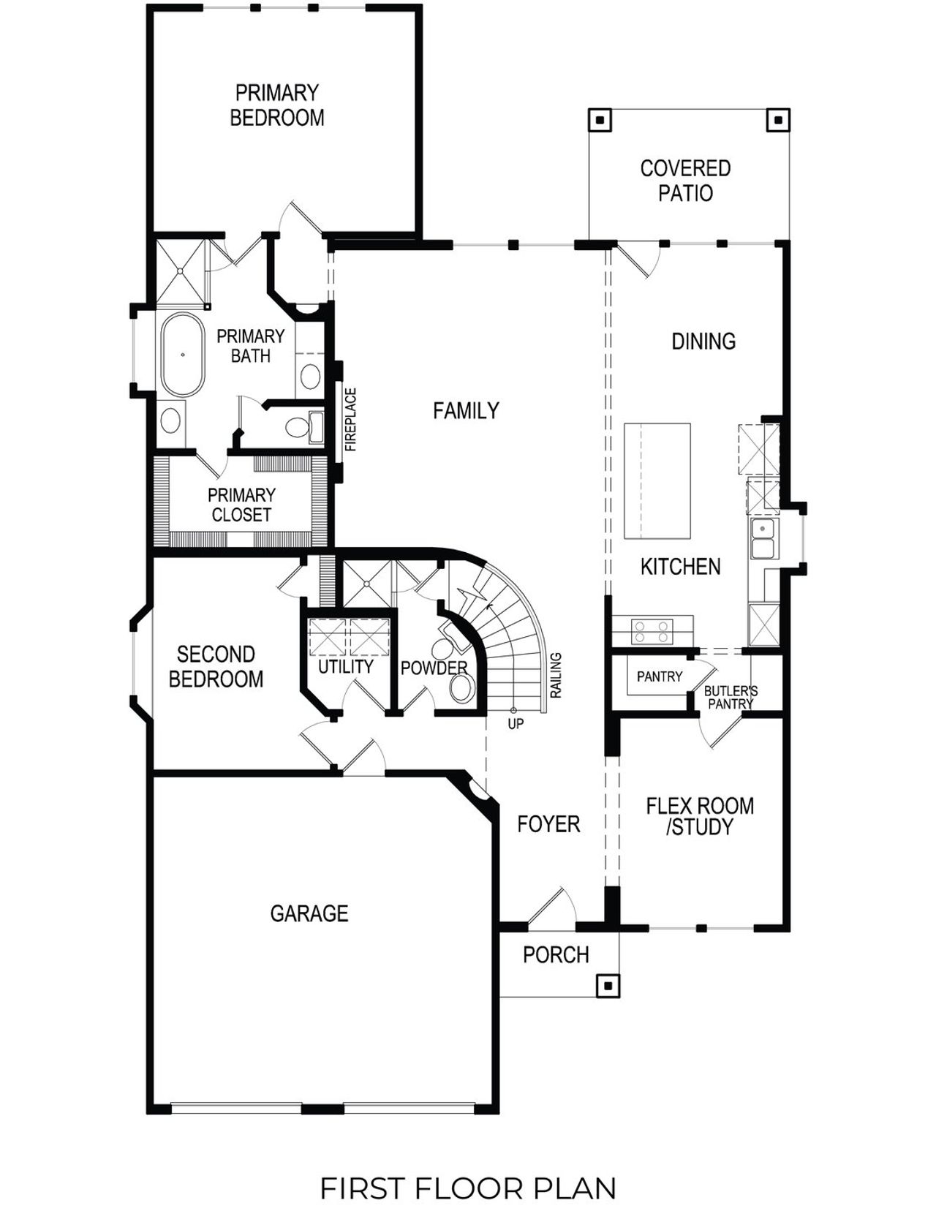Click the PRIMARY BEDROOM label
click(276, 105)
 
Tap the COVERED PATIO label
click(685, 181)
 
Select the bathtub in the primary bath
click(183, 355)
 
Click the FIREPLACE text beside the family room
click(351, 419)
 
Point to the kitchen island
click(657, 480)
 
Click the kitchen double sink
click(763, 537)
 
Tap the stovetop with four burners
click(652, 631)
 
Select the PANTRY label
click(659, 676)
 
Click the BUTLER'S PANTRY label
click(731, 697)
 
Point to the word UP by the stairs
click(516, 724)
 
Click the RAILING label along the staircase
click(556, 675)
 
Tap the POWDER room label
click(434, 668)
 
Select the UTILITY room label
click(345, 666)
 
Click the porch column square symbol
click(608, 986)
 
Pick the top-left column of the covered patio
click(600, 120)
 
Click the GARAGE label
click(309, 913)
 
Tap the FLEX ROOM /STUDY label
click(699, 816)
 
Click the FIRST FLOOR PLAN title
click(468, 1188)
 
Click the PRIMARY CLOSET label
click(241, 505)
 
